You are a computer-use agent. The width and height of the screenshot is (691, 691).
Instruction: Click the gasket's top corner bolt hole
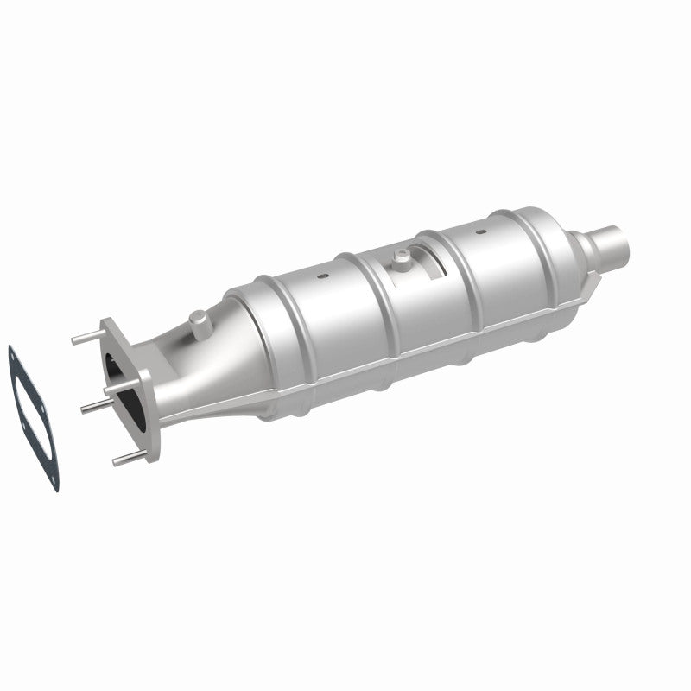point(11,352)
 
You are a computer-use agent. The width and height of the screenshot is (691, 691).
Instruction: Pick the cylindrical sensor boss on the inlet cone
point(198,324)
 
